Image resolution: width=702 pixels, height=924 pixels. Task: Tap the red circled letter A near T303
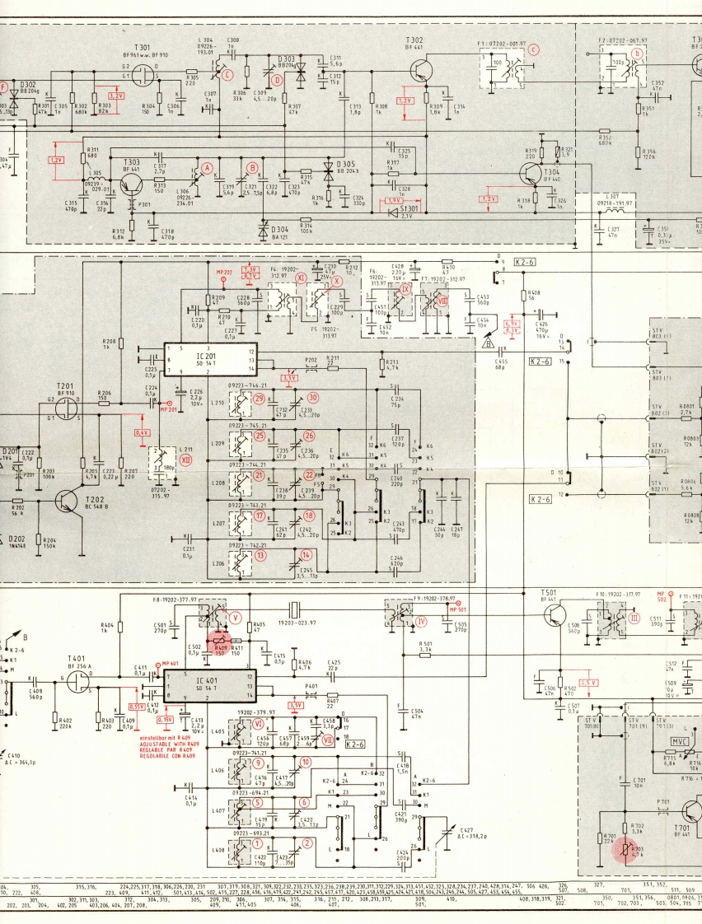(x=208, y=167)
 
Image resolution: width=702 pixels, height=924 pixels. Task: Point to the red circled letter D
(x=278, y=80)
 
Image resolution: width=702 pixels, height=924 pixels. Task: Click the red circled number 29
(x=260, y=399)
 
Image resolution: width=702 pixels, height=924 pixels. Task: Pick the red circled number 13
(x=260, y=555)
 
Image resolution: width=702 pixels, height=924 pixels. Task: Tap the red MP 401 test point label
(x=170, y=663)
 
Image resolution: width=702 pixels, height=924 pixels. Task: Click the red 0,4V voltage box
(x=143, y=432)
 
